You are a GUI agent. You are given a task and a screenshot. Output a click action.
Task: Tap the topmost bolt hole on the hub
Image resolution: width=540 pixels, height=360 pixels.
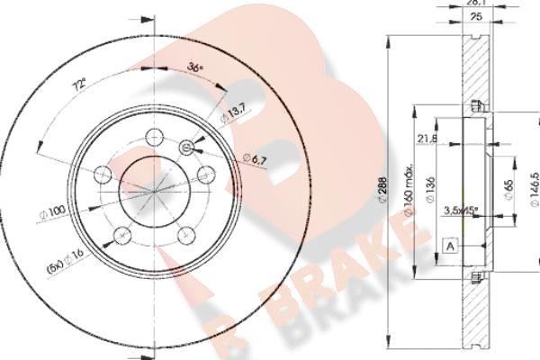(155, 136)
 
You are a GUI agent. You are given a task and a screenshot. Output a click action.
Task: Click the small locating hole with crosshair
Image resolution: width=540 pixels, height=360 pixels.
(188, 148)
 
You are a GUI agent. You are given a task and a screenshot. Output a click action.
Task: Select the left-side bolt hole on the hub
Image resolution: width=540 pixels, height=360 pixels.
(101, 172)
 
